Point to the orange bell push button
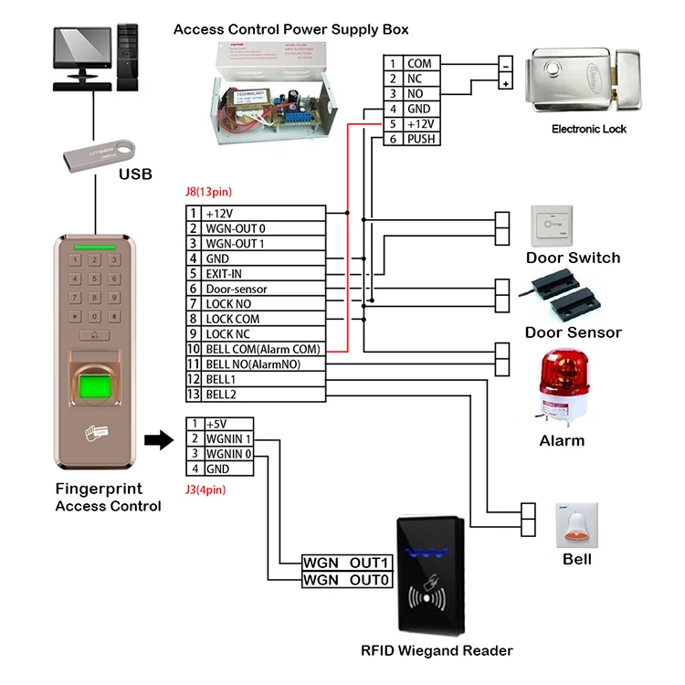pos(576,525)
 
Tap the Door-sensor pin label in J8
pos(236,289)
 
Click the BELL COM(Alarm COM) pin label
pos(263,349)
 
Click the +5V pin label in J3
pos(216,424)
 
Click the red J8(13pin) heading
pos(208,193)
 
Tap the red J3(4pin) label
pos(205,490)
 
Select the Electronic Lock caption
pos(589,129)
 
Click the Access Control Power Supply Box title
pos(291,30)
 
